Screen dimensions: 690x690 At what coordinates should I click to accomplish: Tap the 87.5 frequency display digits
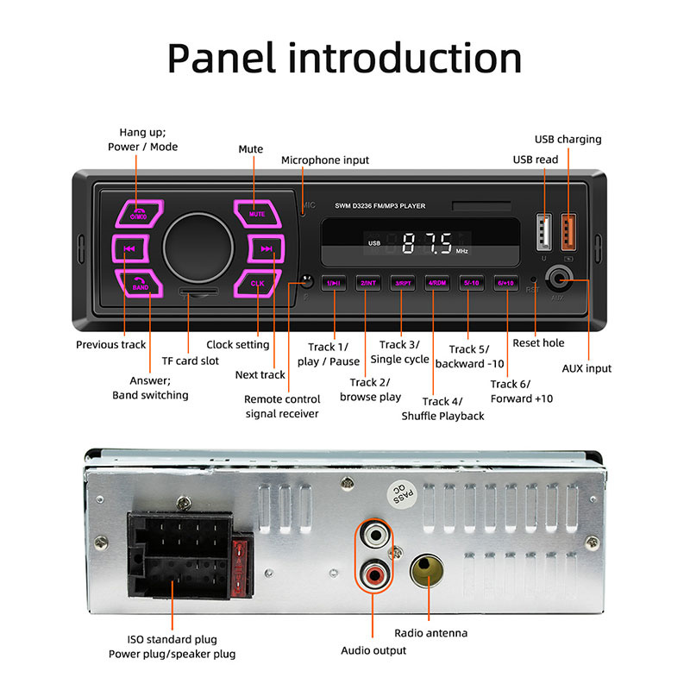pos(427,243)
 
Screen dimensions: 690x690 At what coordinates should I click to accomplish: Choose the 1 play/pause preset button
pos(334,283)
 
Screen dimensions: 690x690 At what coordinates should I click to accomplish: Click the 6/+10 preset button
pos(505,283)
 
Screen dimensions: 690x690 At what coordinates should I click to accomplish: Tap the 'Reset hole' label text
pos(538,343)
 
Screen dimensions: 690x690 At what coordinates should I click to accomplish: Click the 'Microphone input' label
pos(325,160)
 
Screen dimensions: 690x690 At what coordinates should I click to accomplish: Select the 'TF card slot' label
pos(191,361)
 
